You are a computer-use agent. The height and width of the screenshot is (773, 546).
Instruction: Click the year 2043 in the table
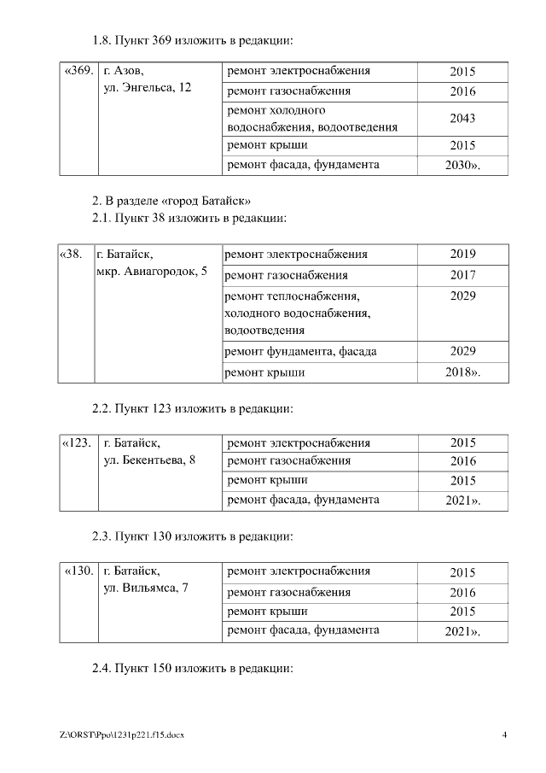pyautogui.click(x=462, y=119)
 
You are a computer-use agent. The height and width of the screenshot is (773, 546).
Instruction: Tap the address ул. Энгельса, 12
pyautogui.click(x=148, y=89)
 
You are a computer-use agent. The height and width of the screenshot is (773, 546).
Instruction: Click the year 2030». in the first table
pyautogui.click(x=462, y=165)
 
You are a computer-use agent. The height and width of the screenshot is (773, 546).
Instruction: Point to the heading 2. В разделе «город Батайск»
pyautogui.click(x=171, y=202)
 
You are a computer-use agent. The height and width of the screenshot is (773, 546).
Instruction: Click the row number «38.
pyautogui.click(x=72, y=254)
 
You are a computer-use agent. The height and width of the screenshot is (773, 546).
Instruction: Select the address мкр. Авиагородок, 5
pyautogui.click(x=152, y=272)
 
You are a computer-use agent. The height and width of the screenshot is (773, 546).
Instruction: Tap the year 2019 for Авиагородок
pyautogui.click(x=462, y=255)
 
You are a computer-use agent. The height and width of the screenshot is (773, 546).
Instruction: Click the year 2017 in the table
pyautogui.click(x=462, y=276)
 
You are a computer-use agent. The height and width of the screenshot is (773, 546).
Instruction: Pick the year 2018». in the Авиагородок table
pyautogui.click(x=462, y=373)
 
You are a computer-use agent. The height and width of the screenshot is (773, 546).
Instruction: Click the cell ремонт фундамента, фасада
pyautogui.click(x=300, y=351)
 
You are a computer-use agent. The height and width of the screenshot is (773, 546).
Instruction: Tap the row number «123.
pyautogui.click(x=78, y=443)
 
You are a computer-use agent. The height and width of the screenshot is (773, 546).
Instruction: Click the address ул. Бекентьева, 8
pyautogui.click(x=149, y=460)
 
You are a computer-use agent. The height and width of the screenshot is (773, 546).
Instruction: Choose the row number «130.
pyautogui.click(x=78, y=571)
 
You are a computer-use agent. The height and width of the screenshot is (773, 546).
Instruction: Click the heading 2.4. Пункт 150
pyautogui.click(x=192, y=668)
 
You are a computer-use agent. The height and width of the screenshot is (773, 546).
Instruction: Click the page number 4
pyautogui.click(x=505, y=735)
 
